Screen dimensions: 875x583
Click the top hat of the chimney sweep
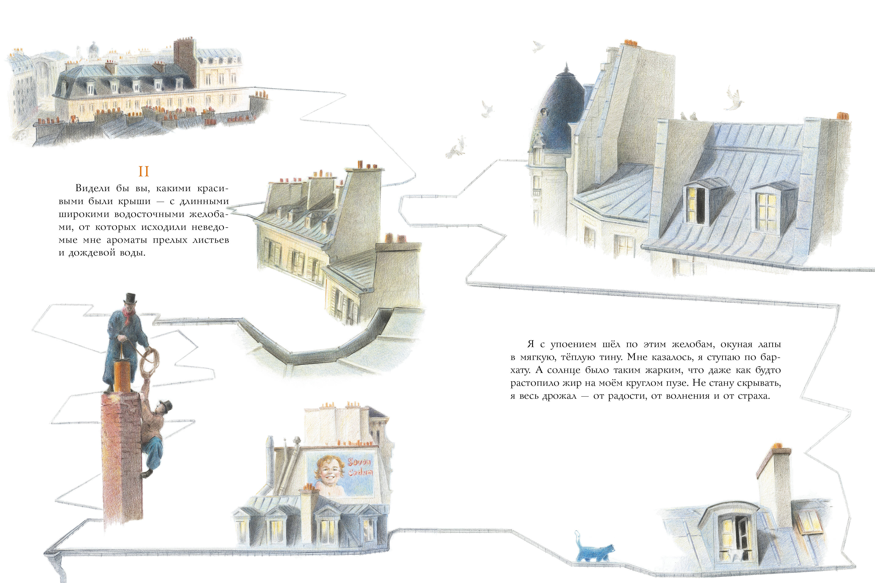click(x=130, y=298)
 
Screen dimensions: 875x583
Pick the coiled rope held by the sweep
click(x=148, y=363)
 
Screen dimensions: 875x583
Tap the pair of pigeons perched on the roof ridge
click(x=689, y=116)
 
